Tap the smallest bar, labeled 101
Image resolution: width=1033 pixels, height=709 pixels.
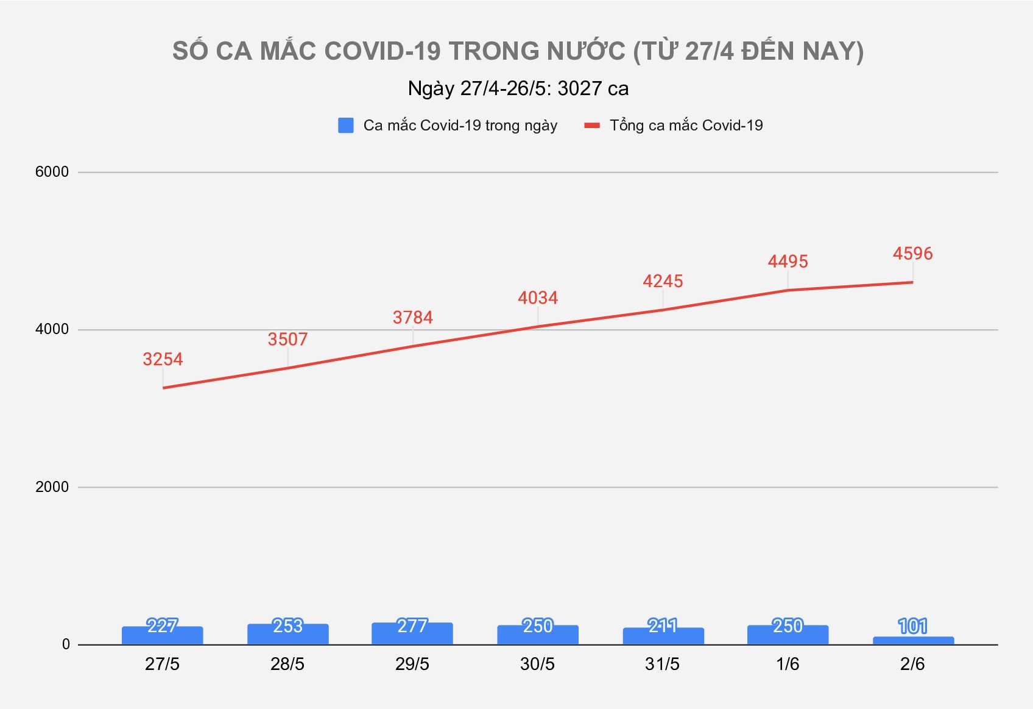click(913, 641)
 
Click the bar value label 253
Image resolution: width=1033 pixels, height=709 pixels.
click(287, 626)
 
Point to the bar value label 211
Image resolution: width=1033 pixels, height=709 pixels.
click(663, 626)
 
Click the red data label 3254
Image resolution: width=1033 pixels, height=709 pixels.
click(163, 359)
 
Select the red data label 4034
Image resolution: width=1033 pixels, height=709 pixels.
click(538, 297)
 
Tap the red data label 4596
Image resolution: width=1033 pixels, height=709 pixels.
click(912, 254)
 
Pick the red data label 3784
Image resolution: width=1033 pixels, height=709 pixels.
click(412, 318)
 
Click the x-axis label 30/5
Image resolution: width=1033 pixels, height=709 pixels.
click(537, 664)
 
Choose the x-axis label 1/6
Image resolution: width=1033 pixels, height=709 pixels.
click(788, 664)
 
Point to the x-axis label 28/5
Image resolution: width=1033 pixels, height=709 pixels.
click(287, 664)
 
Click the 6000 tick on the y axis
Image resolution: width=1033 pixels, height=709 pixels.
click(52, 172)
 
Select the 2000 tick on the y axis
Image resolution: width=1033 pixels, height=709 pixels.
click(52, 487)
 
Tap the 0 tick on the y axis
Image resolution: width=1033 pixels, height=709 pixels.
click(66, 644)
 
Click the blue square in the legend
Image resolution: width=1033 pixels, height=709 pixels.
click(346, 126)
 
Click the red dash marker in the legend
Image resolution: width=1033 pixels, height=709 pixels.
click(592, 126)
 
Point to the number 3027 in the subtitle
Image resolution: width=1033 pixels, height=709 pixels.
click(580, 89)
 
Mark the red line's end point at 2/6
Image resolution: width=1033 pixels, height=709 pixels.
click(912, 282)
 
